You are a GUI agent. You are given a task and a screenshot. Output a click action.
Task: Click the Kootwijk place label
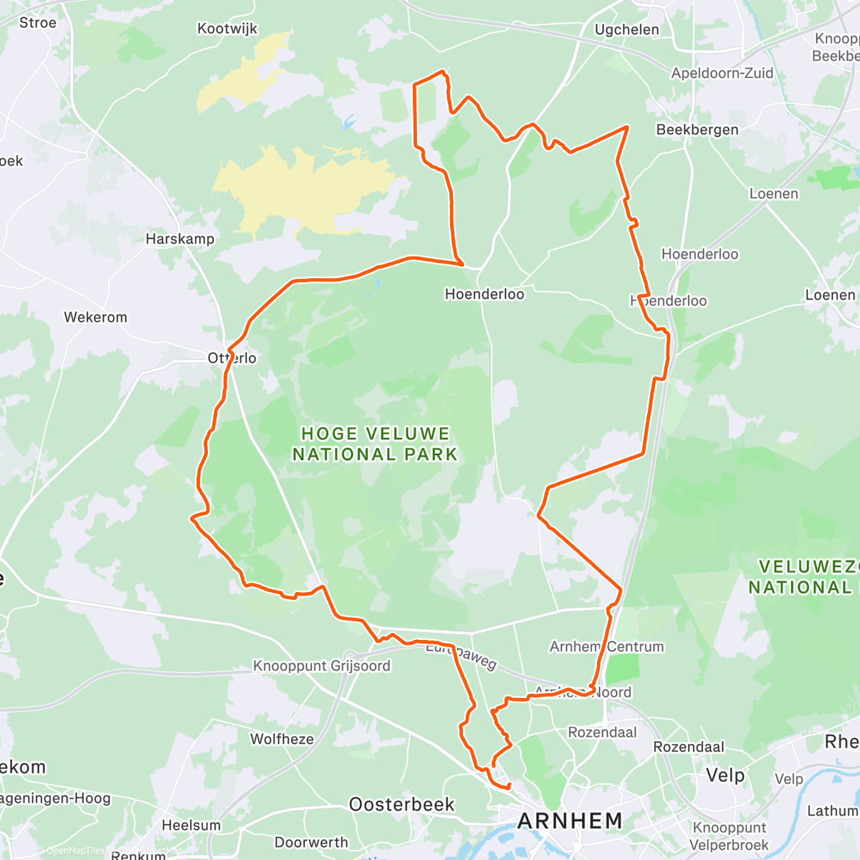click(x=227, y=29)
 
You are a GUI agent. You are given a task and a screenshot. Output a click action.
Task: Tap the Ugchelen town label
click(x=627, y=29)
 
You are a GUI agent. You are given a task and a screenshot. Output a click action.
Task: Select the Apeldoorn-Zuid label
click(x=722, y=73)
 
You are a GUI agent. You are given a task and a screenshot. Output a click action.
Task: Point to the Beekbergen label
click(x=697, y=130)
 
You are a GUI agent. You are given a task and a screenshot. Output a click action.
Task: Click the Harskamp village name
click(x=180, y=239)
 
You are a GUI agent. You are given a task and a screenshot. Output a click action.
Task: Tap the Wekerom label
click(x=95, y=317)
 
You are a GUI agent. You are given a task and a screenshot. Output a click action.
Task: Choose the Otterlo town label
click(x=232, y=358)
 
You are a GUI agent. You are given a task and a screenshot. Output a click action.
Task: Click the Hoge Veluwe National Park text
click(x=375, y=444)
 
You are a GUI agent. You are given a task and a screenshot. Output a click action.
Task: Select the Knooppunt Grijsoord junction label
click(x=322, y=666)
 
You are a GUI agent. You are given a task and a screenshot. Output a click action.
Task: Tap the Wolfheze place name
click(x=282, y=739)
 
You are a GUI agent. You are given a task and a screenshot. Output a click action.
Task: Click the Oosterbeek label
click(x=401, y=804)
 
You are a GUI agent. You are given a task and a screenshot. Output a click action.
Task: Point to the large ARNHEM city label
click(x=570, y=821)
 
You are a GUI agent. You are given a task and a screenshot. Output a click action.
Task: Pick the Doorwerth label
click(x=311, y=842)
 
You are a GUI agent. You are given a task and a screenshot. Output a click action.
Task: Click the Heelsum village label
click(x=191, y=825)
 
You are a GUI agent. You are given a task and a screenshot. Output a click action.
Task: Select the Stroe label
click(x=37, y=23)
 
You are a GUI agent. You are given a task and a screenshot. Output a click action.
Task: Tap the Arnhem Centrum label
click(x=606, y=646)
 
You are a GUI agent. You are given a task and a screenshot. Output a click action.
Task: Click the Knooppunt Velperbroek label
click(x=730, y=836)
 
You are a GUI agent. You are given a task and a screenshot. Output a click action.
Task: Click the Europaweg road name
click(x=461, y=655)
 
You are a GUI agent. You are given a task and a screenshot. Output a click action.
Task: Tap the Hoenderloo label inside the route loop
click(x=484, y=294)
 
